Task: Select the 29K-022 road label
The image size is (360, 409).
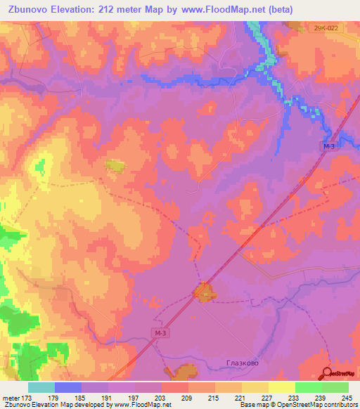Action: tap(326, 27)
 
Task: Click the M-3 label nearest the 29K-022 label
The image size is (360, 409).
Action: tap(329, 145)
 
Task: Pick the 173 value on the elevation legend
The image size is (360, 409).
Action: tap(28, 397)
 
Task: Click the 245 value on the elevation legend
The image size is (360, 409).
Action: tap(347, 397)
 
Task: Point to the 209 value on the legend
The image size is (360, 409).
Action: tap(188, 397)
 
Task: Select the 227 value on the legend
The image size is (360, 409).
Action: tap(268, 397)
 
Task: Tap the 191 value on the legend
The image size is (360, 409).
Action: tap(108, 397)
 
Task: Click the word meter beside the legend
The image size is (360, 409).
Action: tap(10, 397)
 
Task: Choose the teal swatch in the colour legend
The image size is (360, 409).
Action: tap(41, 387)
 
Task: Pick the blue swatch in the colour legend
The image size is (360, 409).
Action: tap(68, 387)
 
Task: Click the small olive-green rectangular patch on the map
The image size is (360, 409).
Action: tap(114, 166)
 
